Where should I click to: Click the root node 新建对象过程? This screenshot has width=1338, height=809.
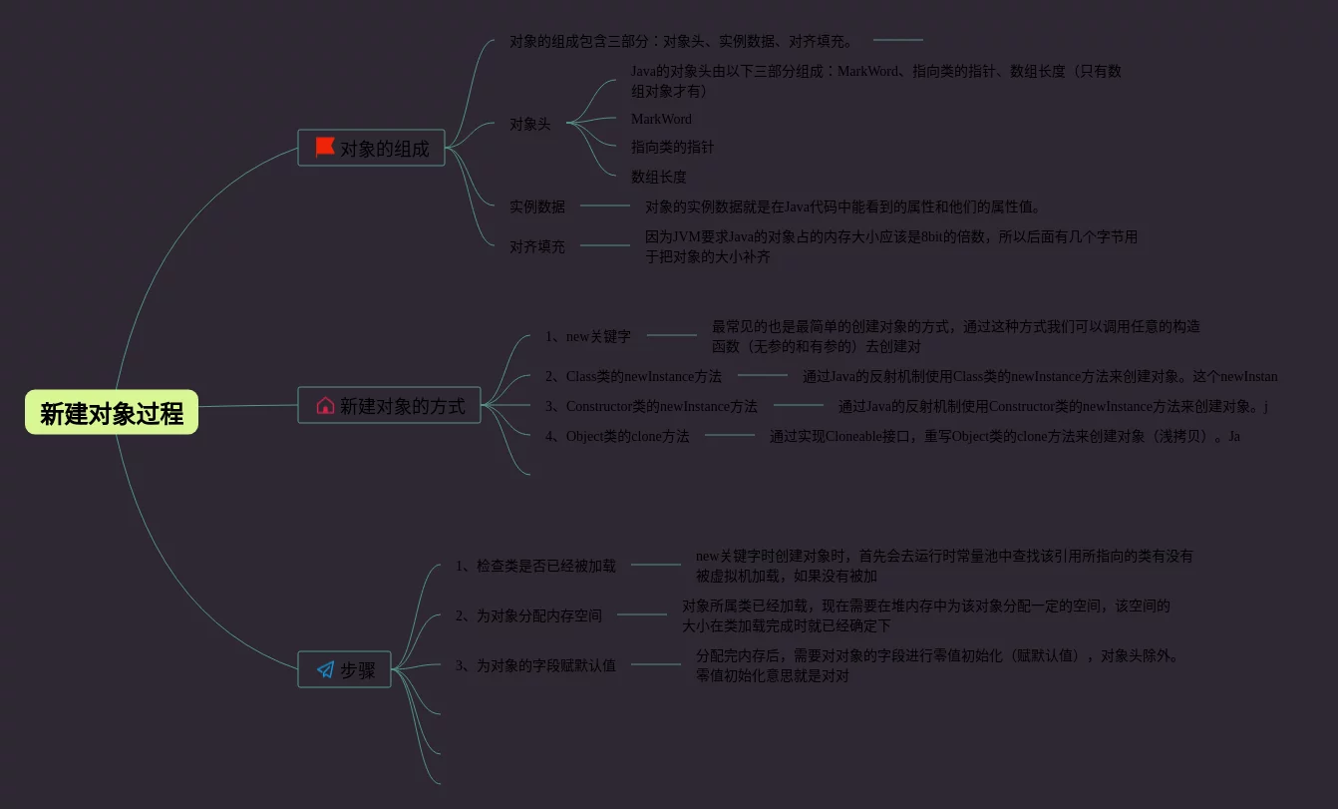coord(112,412)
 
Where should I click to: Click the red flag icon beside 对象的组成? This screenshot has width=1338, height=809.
coord(325,148)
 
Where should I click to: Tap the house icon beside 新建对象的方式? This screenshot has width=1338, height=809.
coord(325,405)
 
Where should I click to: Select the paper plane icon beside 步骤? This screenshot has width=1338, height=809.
coord(325,669)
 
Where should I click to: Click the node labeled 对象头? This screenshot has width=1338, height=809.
coord(529,124)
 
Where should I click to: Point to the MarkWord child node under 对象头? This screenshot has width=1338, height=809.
coord(661,119)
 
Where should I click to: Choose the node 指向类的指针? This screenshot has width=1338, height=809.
coord(672,147)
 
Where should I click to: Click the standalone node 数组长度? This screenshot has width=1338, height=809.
coord(658,177)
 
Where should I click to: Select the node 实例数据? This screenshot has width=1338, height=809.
coord(537,206)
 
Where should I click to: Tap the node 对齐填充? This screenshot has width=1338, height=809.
coord(537,246)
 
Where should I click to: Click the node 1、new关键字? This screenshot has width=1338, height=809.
coord(587,336)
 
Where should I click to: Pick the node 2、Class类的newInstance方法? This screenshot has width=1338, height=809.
coord(633,376)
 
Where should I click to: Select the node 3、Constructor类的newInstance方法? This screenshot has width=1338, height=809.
coord(651,406)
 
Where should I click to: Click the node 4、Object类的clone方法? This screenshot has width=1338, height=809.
coord(617,436)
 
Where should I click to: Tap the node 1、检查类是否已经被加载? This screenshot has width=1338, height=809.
coord(535,566)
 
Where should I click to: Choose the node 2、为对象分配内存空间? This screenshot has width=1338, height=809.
coord(528,615)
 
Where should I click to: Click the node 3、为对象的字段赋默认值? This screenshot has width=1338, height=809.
coord(535,665)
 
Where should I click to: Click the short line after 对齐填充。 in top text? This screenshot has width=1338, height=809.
coord(897,40)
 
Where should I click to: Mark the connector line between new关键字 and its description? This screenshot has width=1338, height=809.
coord(671,335)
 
